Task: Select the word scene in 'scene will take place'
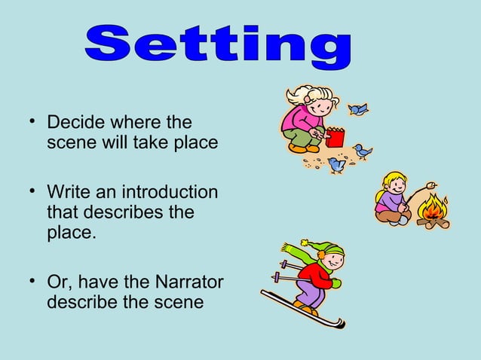tap(69, 143)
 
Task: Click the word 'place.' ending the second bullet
tap(71, 233)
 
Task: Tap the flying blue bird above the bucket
tap(358, 109)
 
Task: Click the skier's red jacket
tap(318, 274)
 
